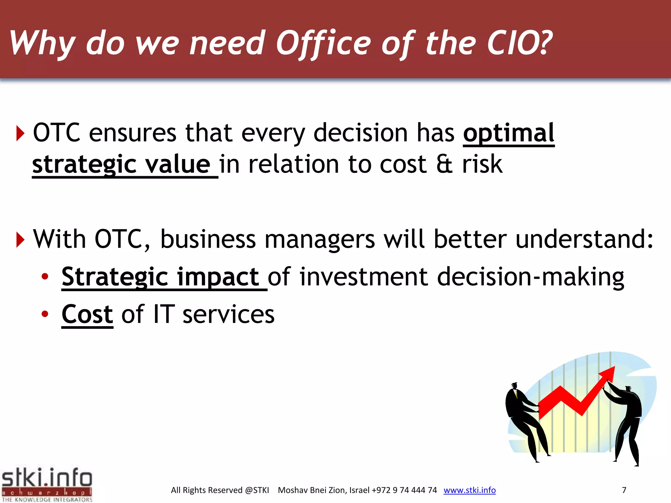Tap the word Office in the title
pyautogui.click(x=323, y=43)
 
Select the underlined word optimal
pyautogui.click(x=508, y=133)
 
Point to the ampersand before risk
pyautogui.click(x=444, y=164)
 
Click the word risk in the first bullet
pyautogui.click(x=482, y=164)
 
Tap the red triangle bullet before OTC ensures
pyautogui.click(x=20, y=134)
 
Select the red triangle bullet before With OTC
pyautogui.click(x=20, y=240)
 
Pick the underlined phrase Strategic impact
pyautogui.click(x=161, y=277)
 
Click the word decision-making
pyautogui.click(x=531, y=277)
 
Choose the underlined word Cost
pyautogui.click(x=87, y=314)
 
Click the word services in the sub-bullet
pyautogui.click(x=228, y=314)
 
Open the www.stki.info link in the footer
pyautogui.click(x=470, y=490)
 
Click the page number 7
pyautogui.click(x=624, y=490)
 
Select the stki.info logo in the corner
pyautogui.click(x=47, y=484)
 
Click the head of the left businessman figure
pyautogui.click(x=515, y=386)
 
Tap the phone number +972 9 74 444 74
pyautogui.click(x=404, y=490)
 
